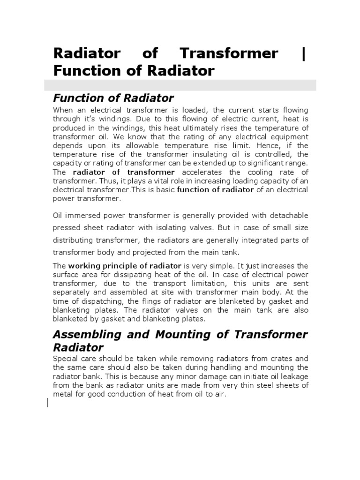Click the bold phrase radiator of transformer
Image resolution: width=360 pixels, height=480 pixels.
click(124, 172)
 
